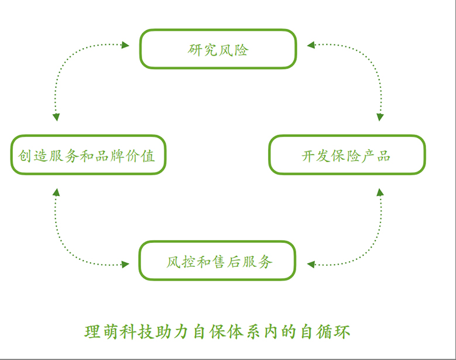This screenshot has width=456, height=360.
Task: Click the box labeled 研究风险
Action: pyautogui.click(x=218, y=49)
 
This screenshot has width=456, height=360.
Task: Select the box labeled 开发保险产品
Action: pyautogui.click(x=347, y=155)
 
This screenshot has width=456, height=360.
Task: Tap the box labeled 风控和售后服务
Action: pyautogui.click(x=217, y=260)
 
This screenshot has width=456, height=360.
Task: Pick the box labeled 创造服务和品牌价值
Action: pyautogui.click(x=88, y=155)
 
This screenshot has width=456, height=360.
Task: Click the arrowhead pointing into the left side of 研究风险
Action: pyautogui.click(x=125, y=45)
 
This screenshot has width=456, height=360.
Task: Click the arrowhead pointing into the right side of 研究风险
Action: pyautogui.click(x=311, y=44)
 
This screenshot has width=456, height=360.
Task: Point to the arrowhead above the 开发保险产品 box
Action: pyautogui.click(x=380, y=117)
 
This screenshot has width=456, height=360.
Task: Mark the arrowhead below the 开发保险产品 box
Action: pyautogui.click(x=380, y=192)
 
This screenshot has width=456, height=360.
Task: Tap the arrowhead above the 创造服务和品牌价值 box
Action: pyautogui.click(x=56, y=117)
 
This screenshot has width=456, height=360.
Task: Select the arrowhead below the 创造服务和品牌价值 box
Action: pyautogui.click(x=56, y=192)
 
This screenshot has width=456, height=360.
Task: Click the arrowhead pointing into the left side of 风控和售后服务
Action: pyautogui.click(x=125, y=265)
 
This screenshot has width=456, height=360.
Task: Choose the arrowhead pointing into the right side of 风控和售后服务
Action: pyautogui.click(x=311, y=265)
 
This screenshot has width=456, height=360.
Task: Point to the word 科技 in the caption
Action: pyautogui.click(x=139, y=332)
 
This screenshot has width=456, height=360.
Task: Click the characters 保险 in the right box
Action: pyautogui.click(x=346, y=156)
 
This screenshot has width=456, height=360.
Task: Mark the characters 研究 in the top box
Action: pyautogui.click(x=203, y=50)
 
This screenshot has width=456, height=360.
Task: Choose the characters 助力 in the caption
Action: pyautogui.click(x=177, y=332)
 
